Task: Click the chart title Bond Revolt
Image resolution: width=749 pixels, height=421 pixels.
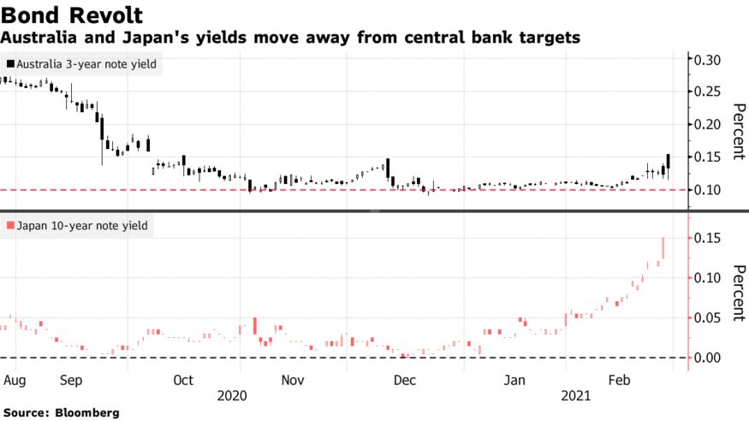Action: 72,15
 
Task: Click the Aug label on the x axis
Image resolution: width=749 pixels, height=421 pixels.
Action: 14,379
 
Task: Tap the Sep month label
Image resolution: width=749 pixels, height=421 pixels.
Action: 72,379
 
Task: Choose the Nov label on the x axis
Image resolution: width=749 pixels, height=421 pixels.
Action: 292,379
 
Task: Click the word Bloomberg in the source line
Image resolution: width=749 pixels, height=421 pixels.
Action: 87,412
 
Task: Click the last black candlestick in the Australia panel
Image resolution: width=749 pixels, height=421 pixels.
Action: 668,163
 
